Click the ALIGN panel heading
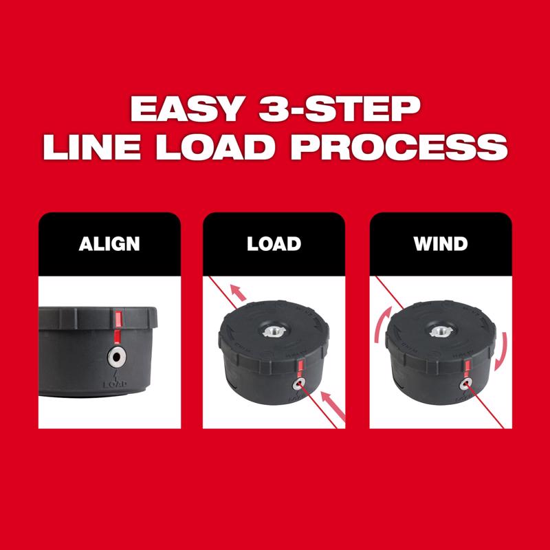(x=109, y=244)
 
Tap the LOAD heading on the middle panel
(x=274, y=244)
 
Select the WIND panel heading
(x=441, y=244)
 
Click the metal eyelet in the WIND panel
(x=466, y=382)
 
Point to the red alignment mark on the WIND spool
(x=467, y=364)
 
